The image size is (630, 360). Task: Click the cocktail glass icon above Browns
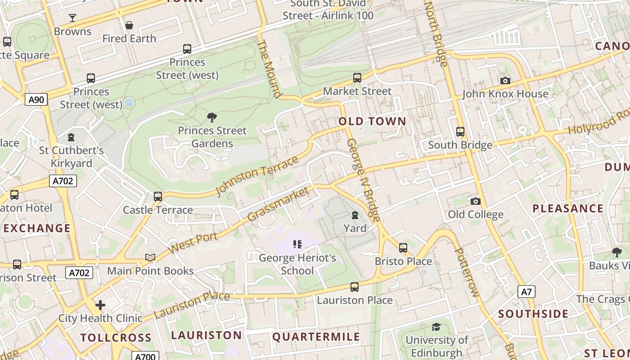[72, 18]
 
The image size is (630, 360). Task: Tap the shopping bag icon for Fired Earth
[129, 25]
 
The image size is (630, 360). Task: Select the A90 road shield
[36, 99]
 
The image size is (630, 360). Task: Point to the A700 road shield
[145, 356]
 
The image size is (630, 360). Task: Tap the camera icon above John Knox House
[505, 81]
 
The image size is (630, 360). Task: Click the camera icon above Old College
[476, 201]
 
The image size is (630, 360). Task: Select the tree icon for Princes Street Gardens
[212, 117]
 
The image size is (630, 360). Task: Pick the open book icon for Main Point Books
[150, 257]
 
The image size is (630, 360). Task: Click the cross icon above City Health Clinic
[100, 305]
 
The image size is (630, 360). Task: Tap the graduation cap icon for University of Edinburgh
[436, 327]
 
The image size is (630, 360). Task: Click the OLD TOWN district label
[372, 121]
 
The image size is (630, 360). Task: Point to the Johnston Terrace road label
[257, 175]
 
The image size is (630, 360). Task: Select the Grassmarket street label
[279, 204]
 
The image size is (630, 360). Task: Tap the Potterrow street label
[467, 272]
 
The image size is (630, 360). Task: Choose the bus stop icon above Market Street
[357, 78]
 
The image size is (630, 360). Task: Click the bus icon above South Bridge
[460, 132]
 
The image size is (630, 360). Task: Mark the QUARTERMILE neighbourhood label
[316, 337]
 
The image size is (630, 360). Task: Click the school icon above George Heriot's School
[297, 244]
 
